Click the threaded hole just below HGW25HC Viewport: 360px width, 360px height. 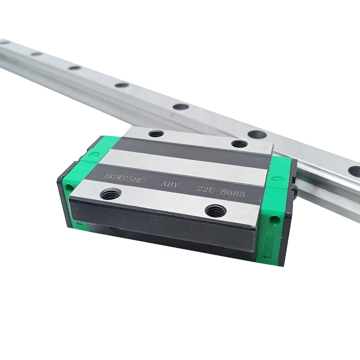tap(109, 194)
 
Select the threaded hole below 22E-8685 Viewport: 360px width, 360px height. tap(215, 210)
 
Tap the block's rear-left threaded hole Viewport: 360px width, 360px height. tap(156, 134)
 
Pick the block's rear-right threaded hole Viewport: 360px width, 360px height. tap(239, 144)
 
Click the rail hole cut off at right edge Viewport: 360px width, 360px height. tap(355, 171)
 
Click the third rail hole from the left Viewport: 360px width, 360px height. tap(75, 68)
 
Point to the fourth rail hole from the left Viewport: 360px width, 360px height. tap(121, 85)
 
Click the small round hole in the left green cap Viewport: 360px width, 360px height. tap(69, 186)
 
